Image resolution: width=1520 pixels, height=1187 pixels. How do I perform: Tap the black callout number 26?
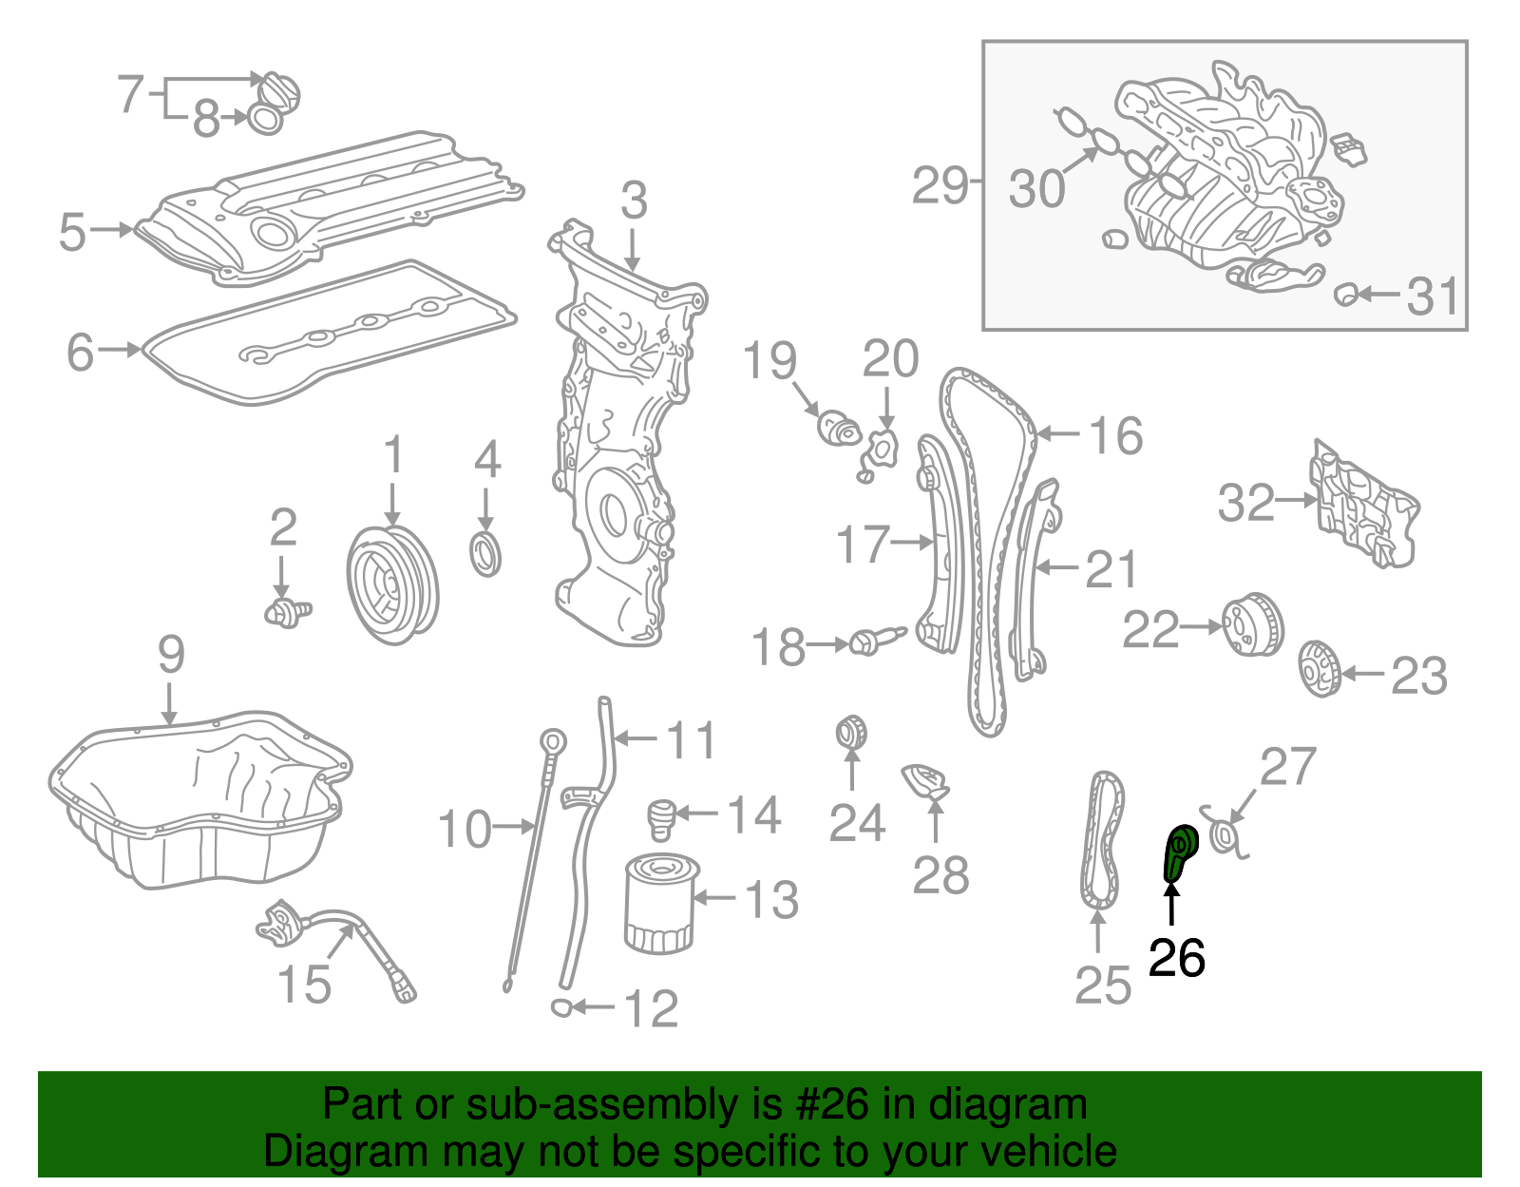coord(1176,958)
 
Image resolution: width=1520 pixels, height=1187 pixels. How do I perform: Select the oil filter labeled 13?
coord(659,904)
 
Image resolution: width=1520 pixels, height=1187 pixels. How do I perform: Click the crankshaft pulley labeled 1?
coord(391,585)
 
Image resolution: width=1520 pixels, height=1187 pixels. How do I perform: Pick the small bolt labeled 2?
coord(285,612)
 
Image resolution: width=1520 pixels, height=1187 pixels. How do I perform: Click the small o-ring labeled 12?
coord(561,1007)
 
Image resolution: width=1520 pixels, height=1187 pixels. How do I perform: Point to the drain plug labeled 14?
coord(661,820)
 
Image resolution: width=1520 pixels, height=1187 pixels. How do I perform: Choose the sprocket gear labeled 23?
coord(1319,669)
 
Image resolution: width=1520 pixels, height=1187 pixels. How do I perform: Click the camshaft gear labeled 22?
coord(1251,624)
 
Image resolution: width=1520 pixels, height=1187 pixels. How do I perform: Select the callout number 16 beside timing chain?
coord(1115,436)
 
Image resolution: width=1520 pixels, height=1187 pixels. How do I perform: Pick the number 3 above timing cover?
coord(634,202)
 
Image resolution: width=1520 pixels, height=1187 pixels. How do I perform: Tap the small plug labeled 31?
coord(1344,295)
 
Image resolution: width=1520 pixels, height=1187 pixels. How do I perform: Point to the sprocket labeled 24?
coord(851,733)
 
